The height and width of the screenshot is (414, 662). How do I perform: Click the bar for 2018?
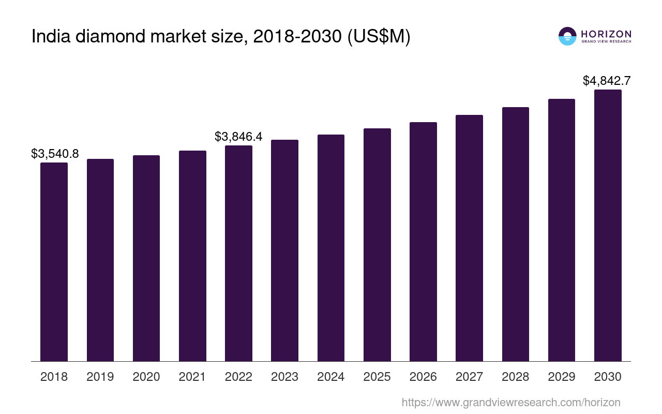(x=54, y=261)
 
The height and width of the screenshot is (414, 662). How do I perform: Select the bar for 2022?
(x=238, y=253)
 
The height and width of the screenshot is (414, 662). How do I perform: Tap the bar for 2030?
(x=608, y=225)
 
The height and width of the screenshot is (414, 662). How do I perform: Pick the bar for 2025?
(x=377, y=244)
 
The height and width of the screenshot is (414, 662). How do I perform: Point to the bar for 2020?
(x=146, y=258)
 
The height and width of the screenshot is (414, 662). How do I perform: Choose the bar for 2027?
(x=469, y=238)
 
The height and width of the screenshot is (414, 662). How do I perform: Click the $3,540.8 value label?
(x=55, y=154)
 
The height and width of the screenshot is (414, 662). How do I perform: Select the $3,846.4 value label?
(x=238, y=137)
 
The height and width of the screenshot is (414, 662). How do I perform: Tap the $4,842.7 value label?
(x=607, y=81)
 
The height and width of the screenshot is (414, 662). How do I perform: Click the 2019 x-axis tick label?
(x=100, y=377)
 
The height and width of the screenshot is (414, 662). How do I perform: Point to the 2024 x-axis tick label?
(x=330, y=377)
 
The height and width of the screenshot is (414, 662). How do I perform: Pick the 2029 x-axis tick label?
(x=562, y=377)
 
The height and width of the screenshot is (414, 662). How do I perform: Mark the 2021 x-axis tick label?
(x=192, y=377)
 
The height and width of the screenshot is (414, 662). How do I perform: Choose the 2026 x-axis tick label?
(x=423, y=377)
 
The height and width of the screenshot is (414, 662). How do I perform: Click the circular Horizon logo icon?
(x=567, y=36)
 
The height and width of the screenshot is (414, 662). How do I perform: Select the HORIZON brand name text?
(x=606, y=34)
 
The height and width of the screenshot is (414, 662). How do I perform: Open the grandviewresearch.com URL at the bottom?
(x=510, y=402)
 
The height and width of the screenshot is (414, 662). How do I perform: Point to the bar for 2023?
(x=284, y=250)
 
